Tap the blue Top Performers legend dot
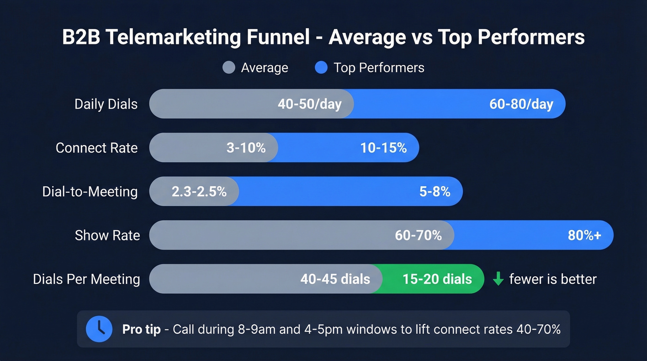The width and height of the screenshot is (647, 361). point(321,67)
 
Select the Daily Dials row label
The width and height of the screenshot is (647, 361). point(106,104)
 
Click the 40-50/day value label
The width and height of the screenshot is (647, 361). point(309,104)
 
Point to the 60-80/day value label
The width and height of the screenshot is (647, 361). point(521,104)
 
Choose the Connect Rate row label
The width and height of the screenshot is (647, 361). point(97,148)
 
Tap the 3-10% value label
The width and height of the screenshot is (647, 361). point(246,148)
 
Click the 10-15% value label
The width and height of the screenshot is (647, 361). point(383,148)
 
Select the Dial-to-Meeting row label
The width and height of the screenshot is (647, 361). point(90,191)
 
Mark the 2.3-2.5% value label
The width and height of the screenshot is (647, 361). point(199,191)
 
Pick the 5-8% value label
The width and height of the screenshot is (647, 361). point(434,191)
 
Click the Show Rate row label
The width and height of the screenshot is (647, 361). point(107,235)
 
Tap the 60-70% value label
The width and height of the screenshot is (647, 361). point(418,235)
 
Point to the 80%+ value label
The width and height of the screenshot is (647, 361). point(584,235)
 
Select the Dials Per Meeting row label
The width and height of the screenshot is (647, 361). point(86,279)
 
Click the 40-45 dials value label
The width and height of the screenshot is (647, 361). point(335,279)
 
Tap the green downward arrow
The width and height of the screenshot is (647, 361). point(498,279)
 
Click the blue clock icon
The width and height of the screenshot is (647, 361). point(99,329)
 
